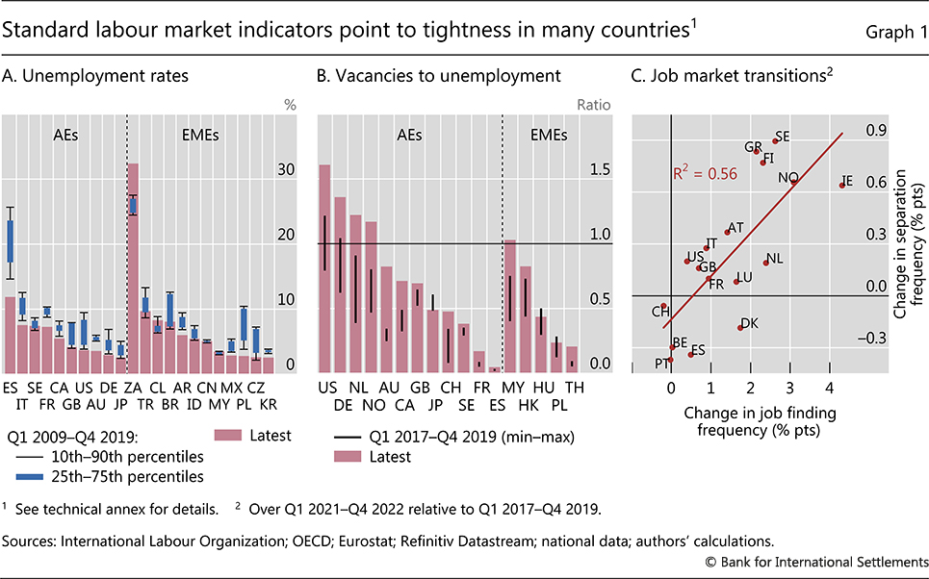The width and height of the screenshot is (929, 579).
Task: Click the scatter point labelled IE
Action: [842, 185]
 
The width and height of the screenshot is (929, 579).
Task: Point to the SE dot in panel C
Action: [775, 141]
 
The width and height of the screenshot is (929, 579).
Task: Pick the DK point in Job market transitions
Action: [739, 328]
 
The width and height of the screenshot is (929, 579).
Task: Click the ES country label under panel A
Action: [11, 388]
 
